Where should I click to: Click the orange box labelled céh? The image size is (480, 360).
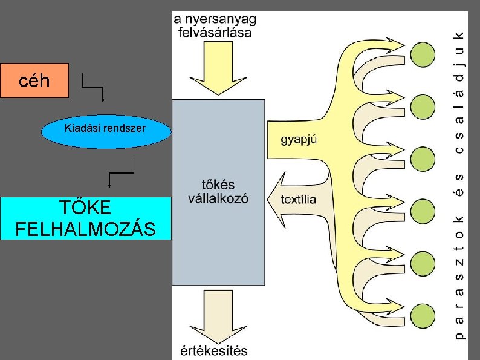pos(34,80)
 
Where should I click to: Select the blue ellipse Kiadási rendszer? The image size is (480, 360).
pos(106,129)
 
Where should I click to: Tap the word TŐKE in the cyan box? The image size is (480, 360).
pos(86,208)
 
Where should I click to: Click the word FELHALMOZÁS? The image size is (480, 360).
pos(86,229)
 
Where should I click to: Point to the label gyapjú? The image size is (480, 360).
pos(300,139)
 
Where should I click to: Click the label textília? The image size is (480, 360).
pos(299,199)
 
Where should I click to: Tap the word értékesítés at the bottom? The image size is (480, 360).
pos(214,351)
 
